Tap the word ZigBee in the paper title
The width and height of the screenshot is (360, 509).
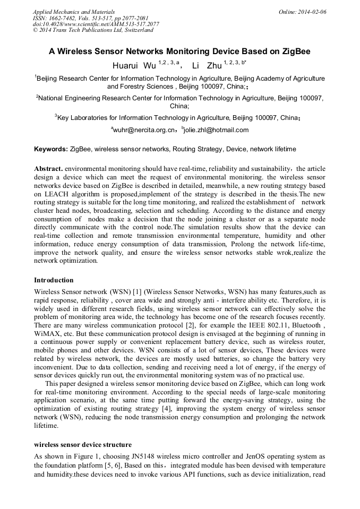click(295, 52)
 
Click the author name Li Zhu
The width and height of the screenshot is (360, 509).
click(206, 66)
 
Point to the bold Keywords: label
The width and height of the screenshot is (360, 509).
click(50, 149)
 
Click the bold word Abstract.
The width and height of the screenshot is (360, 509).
click(48, 168)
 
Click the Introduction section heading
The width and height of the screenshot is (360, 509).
click(54, 280)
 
